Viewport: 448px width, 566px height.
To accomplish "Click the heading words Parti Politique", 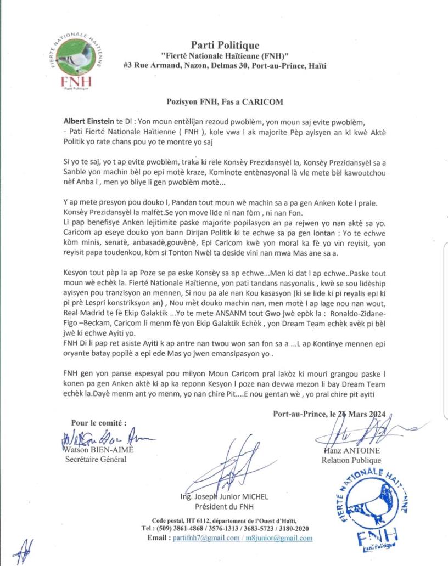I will coord(225,45).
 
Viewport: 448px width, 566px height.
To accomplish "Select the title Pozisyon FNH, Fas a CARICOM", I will coord(224,101).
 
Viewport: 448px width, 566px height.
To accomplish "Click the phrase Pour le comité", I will coord(99,423).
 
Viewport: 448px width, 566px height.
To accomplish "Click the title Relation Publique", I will coord(351,460).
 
